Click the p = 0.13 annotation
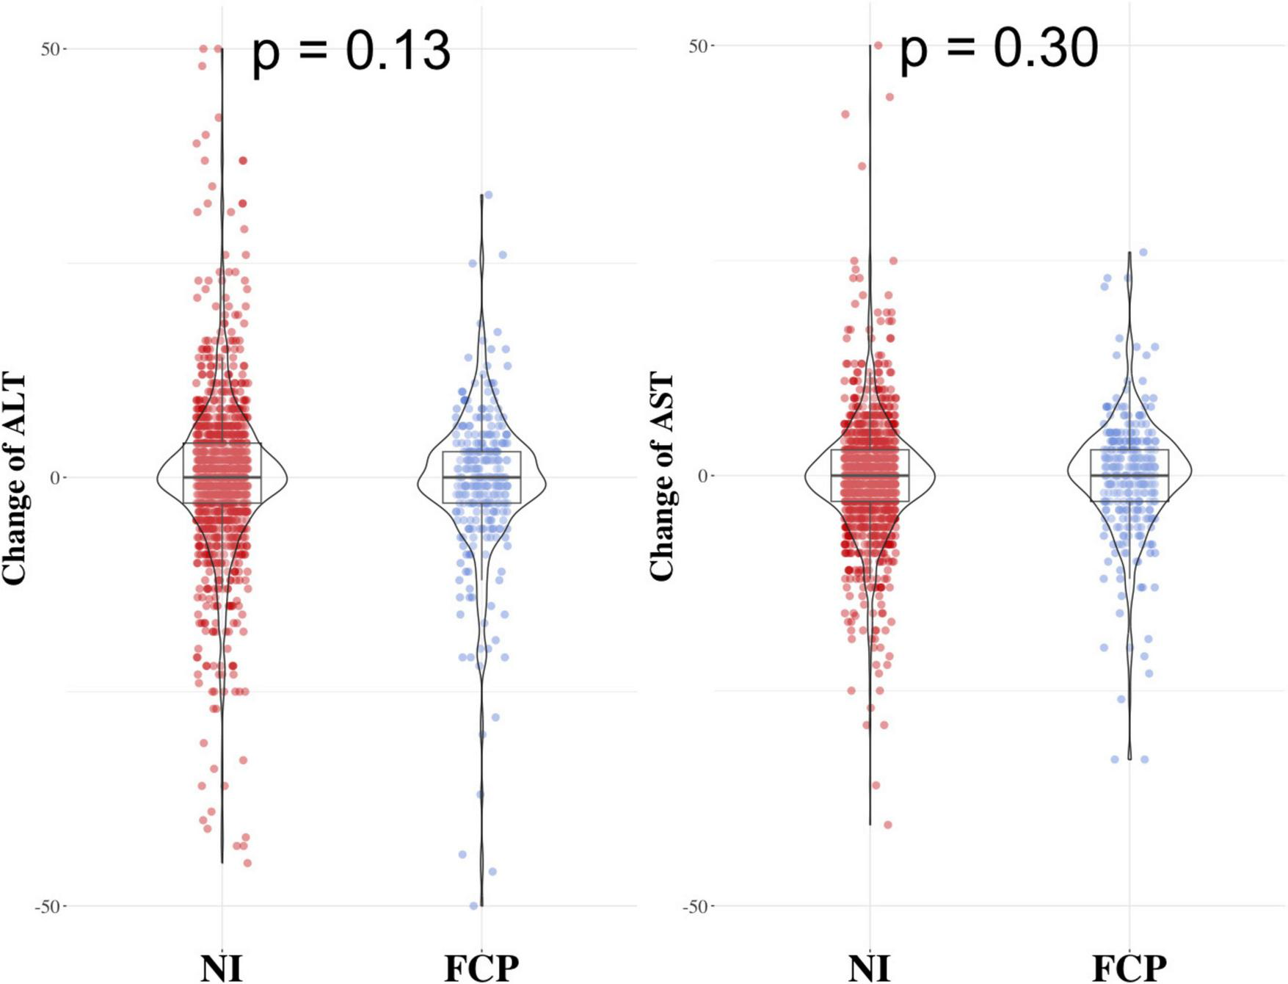tap(351, 51)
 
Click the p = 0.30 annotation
tap(999, 49)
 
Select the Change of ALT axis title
tap(15, 479)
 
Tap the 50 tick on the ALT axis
tap(50, 49)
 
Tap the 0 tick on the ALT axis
tap(54, 478)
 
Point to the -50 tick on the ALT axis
tap(46, 907)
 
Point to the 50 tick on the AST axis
tap(698, 46)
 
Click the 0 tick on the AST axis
tap(702, 476)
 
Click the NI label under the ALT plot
tap(221, 968)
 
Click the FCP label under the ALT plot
tap(481, 968)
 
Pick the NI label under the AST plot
tap(870, 968)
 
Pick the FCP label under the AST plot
tap(1129, 968)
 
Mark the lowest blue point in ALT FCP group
tap(473, 905)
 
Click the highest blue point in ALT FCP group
tap(488, 195)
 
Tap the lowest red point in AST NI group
tap(888, 825)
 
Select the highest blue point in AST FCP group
tap(1143, 253)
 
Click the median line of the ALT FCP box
tap(481, 477)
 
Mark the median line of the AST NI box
tap(870, 476)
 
